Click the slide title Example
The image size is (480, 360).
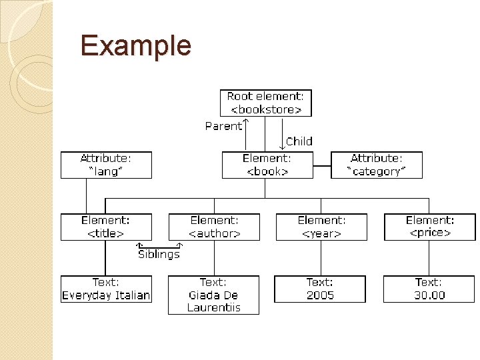[x=135, y=46]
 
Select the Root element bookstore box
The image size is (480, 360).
[x=265, y=103]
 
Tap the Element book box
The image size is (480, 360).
[x=267, y=165]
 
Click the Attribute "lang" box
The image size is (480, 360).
[x=106, y=165]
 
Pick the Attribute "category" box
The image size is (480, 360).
[x=377, y=165]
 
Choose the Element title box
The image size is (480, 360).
[x=106, y=227]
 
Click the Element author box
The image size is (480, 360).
[x=214, y=227]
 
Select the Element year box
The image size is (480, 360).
[x=321, y=227]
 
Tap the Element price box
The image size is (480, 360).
[x=430, y=227]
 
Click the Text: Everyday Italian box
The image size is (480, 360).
[x=106, y=289]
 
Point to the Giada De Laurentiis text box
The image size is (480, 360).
[x=213, y=295]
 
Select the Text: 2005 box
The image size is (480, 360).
[x=320, y=289]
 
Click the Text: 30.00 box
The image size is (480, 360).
[x=430, y=289]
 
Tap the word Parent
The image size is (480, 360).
[x=223, y=126]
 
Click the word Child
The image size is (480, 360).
[x=299, y=141]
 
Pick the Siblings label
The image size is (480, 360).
[x=159, y=254]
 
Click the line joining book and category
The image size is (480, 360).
[x=322, y=165]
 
